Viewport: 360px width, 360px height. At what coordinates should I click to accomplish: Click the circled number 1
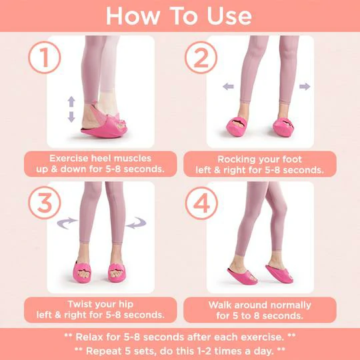coord(45,57)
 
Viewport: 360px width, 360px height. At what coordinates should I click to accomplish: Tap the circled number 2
coord(201,57)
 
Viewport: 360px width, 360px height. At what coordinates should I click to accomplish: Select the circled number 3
coord(45,203)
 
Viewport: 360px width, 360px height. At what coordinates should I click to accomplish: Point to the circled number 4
coord(201,203)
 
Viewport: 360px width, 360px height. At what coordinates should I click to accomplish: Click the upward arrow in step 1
coord(71,101)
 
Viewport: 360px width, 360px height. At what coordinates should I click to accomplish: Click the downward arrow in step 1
coord(71,117)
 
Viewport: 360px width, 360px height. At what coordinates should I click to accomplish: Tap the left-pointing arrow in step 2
coord(228,87)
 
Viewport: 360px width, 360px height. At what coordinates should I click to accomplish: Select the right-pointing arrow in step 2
coord(305,87)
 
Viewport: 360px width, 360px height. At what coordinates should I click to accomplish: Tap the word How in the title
coord(133,16)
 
